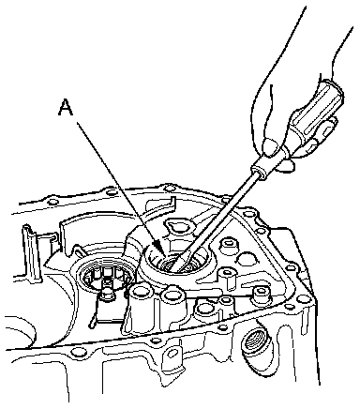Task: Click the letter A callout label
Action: tap(66, 107)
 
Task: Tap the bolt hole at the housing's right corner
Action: tap(303, 299)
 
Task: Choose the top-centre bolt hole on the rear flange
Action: tap(169, 189)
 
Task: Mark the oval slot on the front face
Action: tap(172, 354)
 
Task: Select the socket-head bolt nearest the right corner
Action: tap(261, 294)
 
